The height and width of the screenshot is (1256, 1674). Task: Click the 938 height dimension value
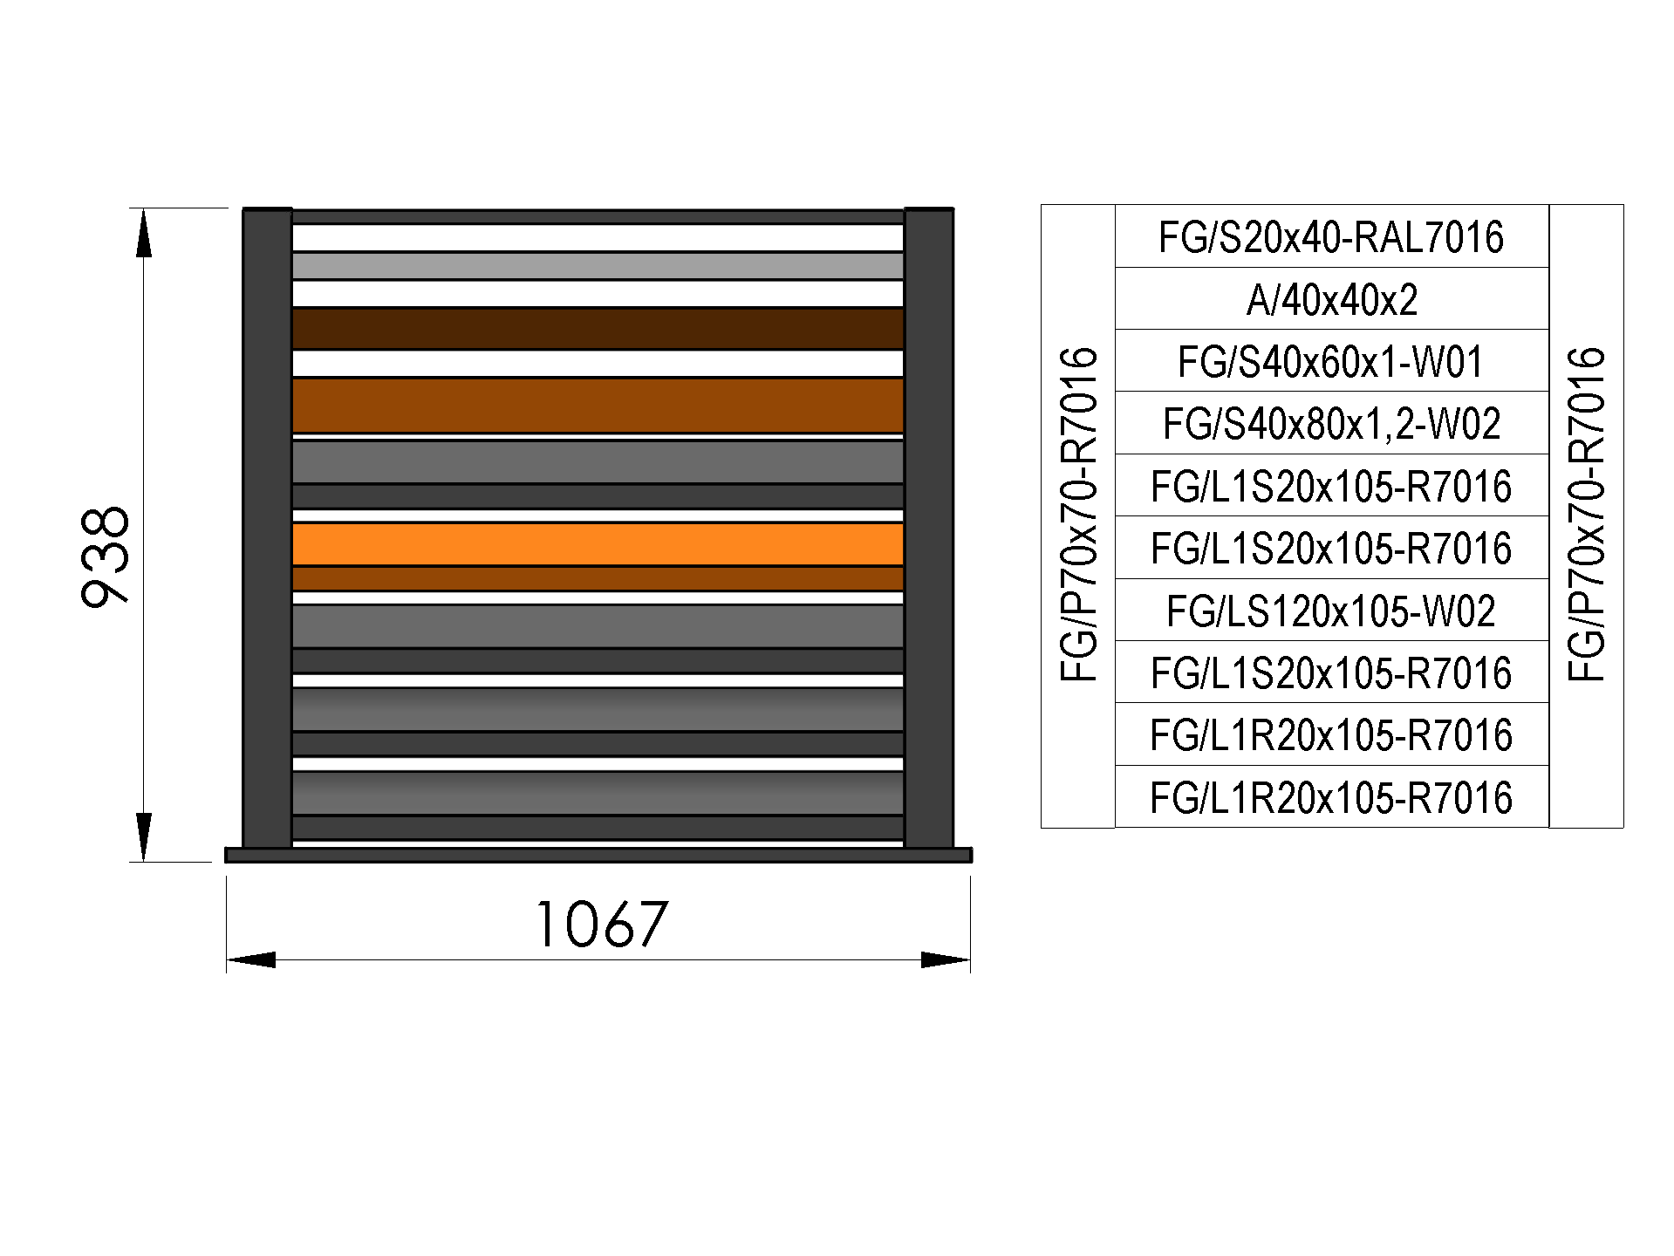click(x=106, y=556)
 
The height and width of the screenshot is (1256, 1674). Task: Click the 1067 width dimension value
click(x=602, y=925)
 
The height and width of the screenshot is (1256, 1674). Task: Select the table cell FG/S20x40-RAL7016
click(x=1331, y=236)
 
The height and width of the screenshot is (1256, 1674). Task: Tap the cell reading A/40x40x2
click(x=1331, y=299)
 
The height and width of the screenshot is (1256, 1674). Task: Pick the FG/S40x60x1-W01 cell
click(x=1331, y=361)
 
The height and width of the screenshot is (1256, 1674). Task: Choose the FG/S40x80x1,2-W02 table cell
click(x=1331, y=423)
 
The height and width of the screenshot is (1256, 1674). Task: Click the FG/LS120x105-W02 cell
click(x=1331, y=611)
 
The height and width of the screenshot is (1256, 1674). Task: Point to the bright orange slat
click(x=598, y=544)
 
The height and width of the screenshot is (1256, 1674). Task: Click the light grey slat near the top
click(x=598, y=266)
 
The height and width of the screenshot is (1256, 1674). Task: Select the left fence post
click(x=267, y=528)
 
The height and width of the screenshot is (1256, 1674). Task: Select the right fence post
click(x=929, y=528)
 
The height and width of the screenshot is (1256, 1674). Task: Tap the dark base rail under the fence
click(x=598, y=855)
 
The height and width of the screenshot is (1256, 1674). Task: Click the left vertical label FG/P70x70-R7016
click(x=1078, y=515)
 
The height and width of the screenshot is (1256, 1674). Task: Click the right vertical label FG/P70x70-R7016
click(x=1586, y=515)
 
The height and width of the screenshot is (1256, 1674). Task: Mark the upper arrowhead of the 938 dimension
click(x=144, y=233)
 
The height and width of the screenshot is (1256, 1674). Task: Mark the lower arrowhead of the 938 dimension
click(x=144, y=837)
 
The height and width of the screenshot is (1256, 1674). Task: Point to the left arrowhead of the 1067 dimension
click(x=251, y=960)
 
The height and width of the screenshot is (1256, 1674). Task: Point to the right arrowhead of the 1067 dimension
click(x=946, y=960)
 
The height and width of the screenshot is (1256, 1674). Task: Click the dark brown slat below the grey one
click(x=598, y=329)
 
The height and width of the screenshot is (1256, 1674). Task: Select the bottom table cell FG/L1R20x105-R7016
click(x=1331, y=797)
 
